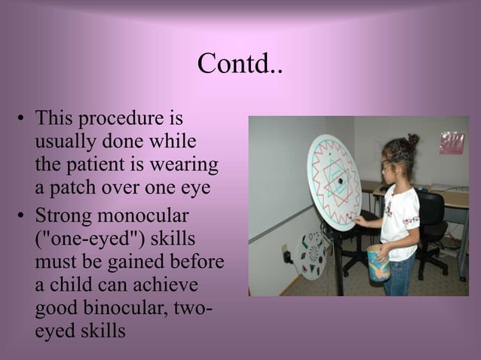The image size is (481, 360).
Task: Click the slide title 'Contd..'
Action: (x=240, y=65)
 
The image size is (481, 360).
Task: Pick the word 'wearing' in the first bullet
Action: (x=185, y=164)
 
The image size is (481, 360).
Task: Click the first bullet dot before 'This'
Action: (x=23, y=121)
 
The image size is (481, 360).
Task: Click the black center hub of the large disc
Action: (x=340, y=181)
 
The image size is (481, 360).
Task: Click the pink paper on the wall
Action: (x=452, y=142)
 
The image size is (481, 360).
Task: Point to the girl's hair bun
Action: (x=412, y=139)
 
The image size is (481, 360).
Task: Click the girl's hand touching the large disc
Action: (x=359, y=221)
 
